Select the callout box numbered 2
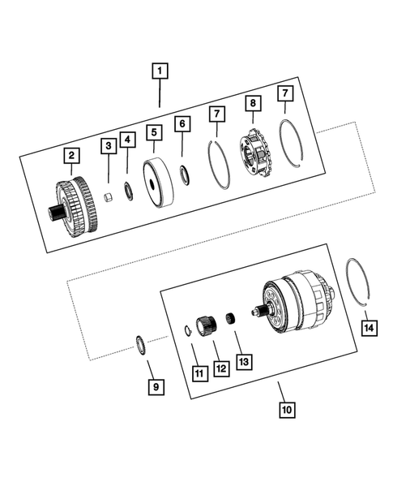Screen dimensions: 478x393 72,154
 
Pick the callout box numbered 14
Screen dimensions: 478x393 370,328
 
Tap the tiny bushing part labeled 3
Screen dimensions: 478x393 109,198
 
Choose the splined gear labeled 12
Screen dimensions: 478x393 205,324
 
